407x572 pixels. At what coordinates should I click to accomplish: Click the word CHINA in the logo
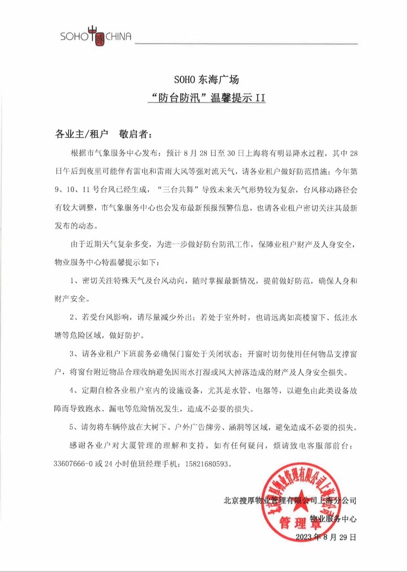click(118, 37)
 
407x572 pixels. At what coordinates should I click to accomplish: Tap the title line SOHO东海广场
click(207, 80)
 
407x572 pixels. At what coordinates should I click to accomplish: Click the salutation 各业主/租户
click(81, 134)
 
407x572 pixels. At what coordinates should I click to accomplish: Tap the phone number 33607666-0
click(73, 464)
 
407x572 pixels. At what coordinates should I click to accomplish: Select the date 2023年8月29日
click(326, 537)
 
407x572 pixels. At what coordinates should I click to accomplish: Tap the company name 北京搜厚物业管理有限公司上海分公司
click(290, 500)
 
